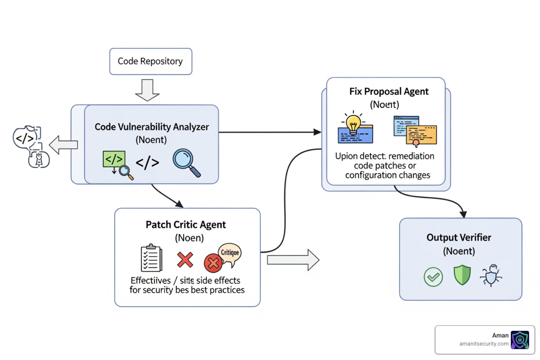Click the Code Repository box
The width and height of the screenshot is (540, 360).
pyautogui.click(x=150, y=62)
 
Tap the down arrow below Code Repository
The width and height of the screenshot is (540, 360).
pyautogui.click(x=147, y=90)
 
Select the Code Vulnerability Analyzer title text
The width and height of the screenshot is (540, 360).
pyautogui.click(x=152, y=127)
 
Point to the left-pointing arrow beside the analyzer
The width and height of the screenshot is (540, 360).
pyautogui.click(x=63, y=145)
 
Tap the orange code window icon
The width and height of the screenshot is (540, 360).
pyautogui.click(x=422, y=135)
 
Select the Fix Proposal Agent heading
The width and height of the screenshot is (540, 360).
pyautogui.click(x=389, y=92)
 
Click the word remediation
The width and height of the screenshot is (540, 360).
pyautogui.click(x=411, y=156)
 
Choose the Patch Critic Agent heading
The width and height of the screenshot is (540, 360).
pyautogui.click(x=186, y=225)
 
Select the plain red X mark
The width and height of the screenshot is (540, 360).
pyautogui.click(x=185, y=260)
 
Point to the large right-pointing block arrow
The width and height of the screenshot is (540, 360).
pyautogui.click(x=292, y=260)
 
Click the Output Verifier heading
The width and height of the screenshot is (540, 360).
pyautogui.click(x=459, y=238)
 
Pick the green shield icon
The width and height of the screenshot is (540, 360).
pyautogui.click(x=462, y=275)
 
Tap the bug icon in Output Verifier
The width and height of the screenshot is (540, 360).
pyautogui.click(x=491, y=275)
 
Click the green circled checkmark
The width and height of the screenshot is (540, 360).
pyautogui.click(x=433, y=277)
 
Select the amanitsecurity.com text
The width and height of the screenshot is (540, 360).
pyautogui.click(x=483, y=344)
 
